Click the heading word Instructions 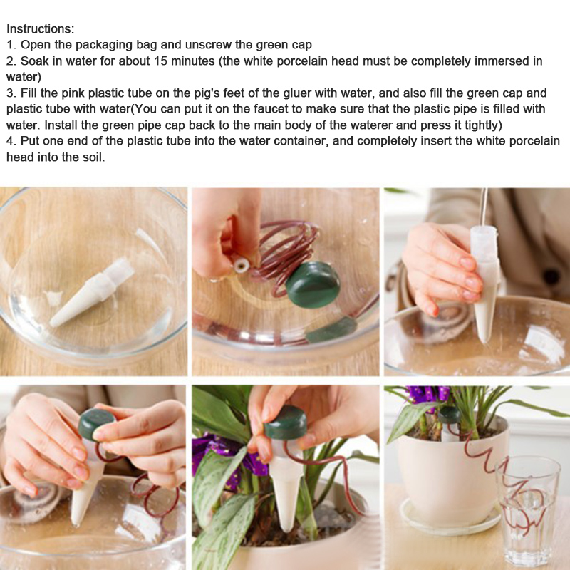click(x=40, y=28)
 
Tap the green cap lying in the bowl click(x=313, y=284)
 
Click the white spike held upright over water click(x=485, y=284)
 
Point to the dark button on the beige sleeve click(x=551, y=277)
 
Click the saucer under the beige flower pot click(x=451, y=518)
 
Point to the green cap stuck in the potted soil click(x=450, y=415)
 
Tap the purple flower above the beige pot click(x=426, y=397)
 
